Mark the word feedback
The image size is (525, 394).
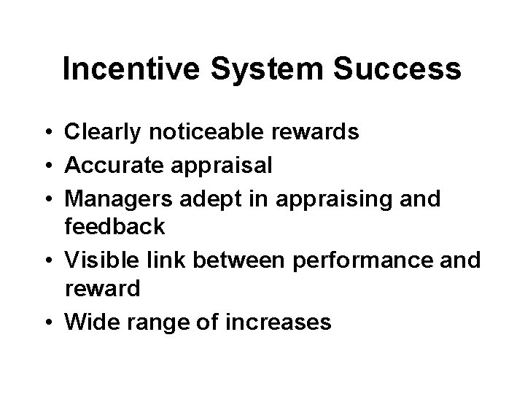[x=115, y=227]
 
